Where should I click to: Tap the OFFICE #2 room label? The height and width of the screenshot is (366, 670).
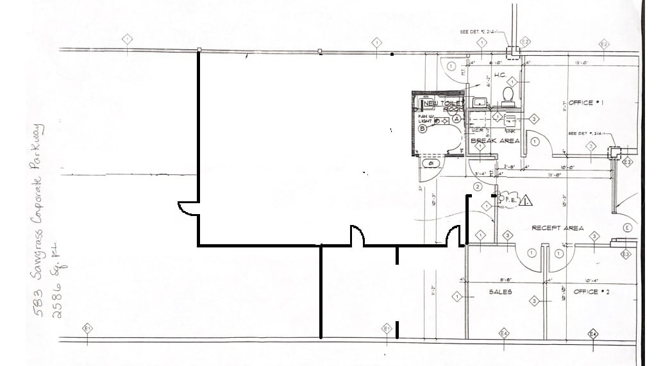(585, 292)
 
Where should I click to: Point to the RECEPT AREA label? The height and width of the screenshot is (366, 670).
(557, 228)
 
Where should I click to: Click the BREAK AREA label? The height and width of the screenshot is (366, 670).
(495, 140)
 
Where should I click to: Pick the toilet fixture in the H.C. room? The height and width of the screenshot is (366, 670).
(508, 95)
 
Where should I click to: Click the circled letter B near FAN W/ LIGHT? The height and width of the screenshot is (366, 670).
(423, 128)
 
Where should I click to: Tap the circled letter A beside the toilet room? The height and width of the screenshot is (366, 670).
(456, 119)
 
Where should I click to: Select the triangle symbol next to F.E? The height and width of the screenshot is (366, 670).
(526, 201)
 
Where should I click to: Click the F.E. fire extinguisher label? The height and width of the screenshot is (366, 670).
(512, 199)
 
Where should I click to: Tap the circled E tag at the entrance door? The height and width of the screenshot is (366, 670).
(627, 228)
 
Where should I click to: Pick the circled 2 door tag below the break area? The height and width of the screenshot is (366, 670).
(478, 187)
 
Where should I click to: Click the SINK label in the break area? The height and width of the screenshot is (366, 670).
(510, 130)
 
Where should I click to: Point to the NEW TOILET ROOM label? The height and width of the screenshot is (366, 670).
(443, 106)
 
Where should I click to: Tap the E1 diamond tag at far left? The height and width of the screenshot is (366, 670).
(88, 329)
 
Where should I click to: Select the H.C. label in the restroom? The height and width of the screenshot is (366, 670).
(500, 76)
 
